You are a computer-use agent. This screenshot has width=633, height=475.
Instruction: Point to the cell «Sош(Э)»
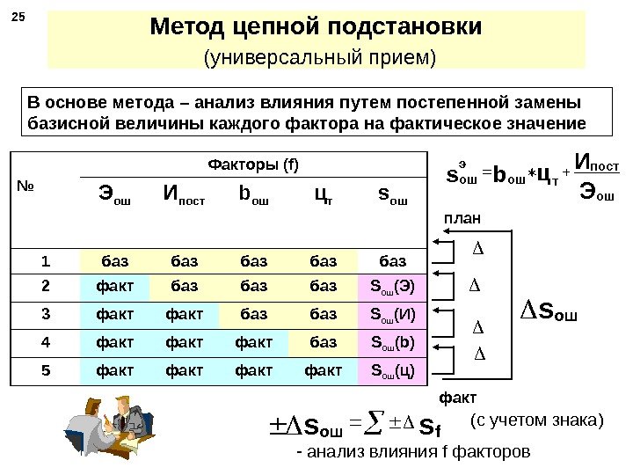pyautogui.click(x=389, y=286)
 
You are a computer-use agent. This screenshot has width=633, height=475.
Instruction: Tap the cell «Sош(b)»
pyautogui.click(x=389, y=340)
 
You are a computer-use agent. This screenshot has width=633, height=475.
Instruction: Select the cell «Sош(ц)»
pyautogui.click(x=389, y=370)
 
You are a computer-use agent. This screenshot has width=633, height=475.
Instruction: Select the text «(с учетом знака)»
pyautogui.click(x=537, y=420)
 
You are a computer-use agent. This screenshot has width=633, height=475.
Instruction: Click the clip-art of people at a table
pyautogui.click(x=109, y=427)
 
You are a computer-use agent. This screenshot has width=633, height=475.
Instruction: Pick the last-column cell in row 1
pyautogui.click(x=389, y=259)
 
